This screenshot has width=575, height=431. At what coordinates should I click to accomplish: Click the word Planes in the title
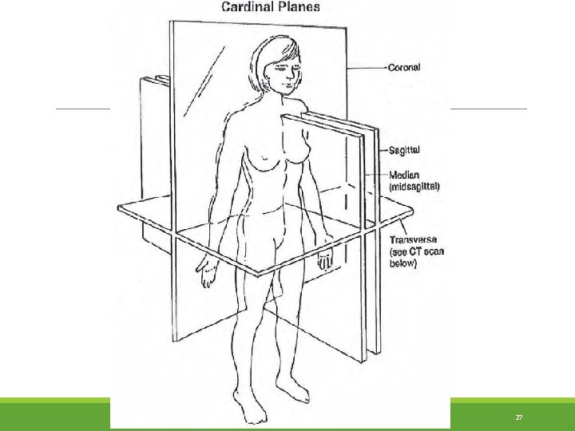tap(295, 7)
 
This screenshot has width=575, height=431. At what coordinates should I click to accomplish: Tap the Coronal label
tap(405, 67)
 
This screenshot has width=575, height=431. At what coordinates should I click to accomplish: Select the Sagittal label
tap(406, 149)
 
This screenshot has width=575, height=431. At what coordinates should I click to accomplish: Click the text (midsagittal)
tap(414, 186)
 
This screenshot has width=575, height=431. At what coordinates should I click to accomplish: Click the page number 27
tap(518, 417)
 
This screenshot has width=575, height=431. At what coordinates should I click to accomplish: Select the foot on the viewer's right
tap(297, 390)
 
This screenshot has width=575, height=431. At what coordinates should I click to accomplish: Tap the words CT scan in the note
tap(426, 251)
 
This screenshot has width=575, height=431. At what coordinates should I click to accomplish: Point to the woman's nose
tap(284, 75)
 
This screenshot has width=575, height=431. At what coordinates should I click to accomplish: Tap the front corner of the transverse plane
tap(257, 275)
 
